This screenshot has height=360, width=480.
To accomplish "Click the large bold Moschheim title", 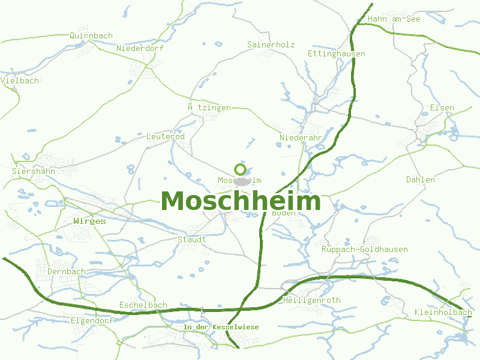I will pos(241,202).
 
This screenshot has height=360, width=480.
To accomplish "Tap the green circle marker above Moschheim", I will pos(241,169).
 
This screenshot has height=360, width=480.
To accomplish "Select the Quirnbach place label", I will pos(91,35).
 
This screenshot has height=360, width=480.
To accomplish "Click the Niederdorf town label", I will pos(140,48).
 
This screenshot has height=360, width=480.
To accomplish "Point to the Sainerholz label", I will pos(271,44).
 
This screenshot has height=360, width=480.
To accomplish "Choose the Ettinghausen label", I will pos(336,53).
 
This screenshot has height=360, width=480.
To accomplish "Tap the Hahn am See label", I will pos(394,19).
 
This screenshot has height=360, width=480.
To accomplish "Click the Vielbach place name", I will pos(20,80).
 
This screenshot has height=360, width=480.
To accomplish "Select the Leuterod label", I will pos(166,137).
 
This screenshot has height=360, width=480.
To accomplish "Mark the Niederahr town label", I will pos(301,138).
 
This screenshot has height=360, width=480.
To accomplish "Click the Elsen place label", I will pos(442,108).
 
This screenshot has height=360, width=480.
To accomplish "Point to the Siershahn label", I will pos(34,171).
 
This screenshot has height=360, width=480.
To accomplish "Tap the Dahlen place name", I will pos(421,179).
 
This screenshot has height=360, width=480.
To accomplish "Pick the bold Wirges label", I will pos(89,221).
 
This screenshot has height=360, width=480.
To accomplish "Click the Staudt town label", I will pos(192,239).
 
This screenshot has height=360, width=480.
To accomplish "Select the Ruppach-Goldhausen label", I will pos(365,249).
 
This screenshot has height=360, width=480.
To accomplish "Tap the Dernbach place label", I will pos(67,271).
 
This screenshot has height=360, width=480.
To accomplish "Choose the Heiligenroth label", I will pos(312,300).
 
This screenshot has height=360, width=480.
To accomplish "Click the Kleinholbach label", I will pos(443,313).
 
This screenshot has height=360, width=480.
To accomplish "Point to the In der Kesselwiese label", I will pos(221,327).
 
